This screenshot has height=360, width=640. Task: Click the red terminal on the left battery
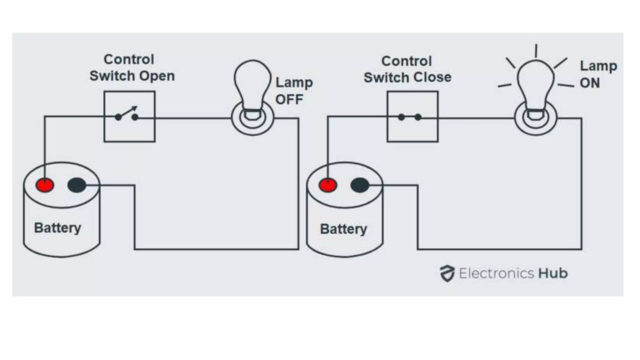click(x=45, y=185)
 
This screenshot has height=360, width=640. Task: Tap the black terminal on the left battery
click(x=77, y=185)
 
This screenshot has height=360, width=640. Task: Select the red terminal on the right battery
click(x=327, y=185)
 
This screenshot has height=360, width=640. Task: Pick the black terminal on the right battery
click(x=360, y=185)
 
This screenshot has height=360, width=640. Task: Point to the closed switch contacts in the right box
click(x=410, y=117)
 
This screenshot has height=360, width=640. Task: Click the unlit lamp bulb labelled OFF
click(x=252, y=84)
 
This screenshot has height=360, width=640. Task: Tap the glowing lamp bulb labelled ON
click(x=536, y=84)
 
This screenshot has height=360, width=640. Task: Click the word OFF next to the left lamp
click(x=289, y=100)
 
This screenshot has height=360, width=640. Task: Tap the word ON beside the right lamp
click(x=590, y=83)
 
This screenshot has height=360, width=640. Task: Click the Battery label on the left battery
click(x=57, y=228)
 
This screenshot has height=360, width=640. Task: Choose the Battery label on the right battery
click(x=343, y=229)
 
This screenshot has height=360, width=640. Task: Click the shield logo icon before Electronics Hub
click(x=447, y=273)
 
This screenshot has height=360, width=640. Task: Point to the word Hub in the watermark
click(x=552, y=273)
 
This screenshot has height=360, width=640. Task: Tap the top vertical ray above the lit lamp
click(x=536, y=51)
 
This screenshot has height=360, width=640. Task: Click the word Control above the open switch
click(x=129, y=59)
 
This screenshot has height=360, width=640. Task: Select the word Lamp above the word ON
click(x=598, y=66)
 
